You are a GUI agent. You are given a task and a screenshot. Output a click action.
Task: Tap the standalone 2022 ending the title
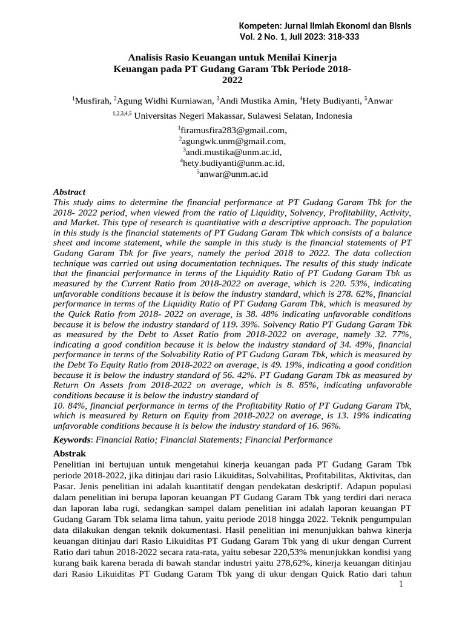tap(232, 79)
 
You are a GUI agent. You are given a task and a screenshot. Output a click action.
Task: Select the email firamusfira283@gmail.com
tap(233, 130)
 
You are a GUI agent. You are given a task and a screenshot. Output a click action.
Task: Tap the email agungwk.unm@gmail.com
tap(233, 141)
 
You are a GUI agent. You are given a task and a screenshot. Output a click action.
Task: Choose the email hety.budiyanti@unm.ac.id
tap(233, 163)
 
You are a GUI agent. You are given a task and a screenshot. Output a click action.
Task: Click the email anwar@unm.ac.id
tap(233, 174)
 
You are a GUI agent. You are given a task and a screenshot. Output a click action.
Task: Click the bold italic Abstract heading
tap(70, 192)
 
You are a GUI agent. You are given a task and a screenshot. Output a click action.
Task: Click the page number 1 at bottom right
tap(401, 584)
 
